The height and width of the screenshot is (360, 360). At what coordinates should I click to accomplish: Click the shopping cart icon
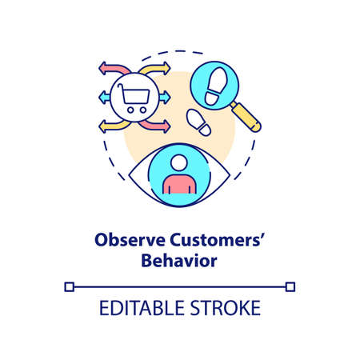click(134, 97)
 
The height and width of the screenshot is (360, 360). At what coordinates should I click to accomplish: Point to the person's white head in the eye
click(179, 163)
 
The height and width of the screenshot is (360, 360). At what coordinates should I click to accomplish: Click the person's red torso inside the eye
click(179, 185)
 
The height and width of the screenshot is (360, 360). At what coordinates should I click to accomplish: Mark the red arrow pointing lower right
click(160, 126)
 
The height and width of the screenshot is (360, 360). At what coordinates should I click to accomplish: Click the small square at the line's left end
click(70, 286)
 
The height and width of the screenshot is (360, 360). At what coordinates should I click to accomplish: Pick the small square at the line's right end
click(290, 286)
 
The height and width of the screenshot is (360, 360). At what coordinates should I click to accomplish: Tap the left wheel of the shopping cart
click(129, 110)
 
